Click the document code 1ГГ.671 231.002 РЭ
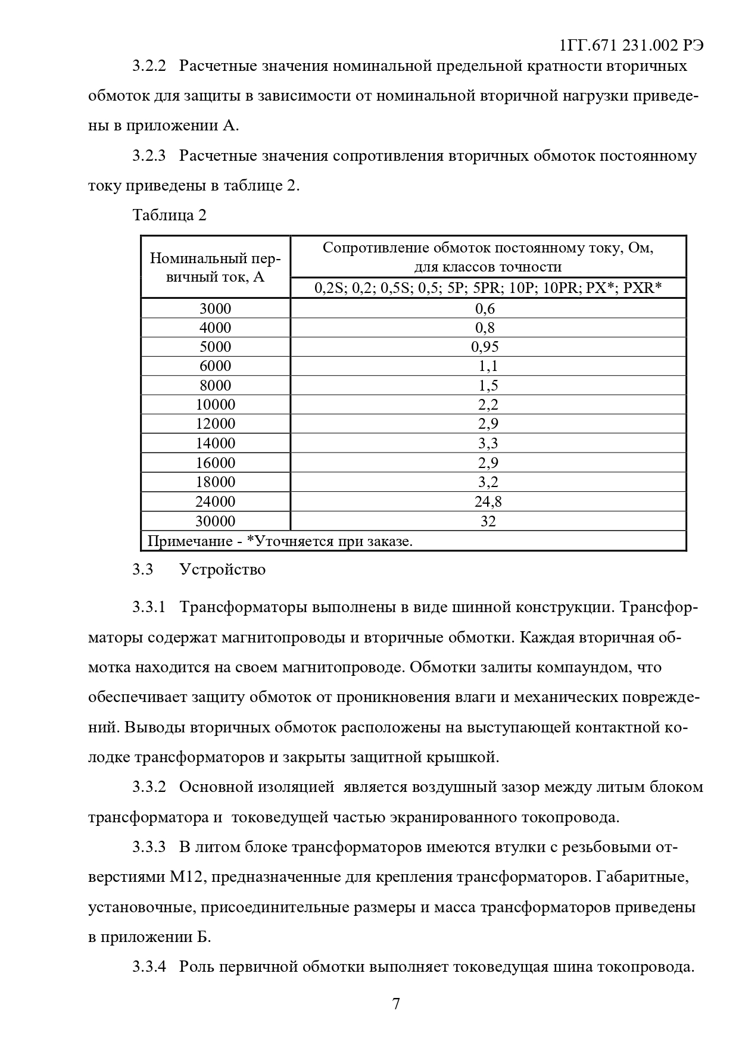click(632, 46)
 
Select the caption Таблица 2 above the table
click(170, 215)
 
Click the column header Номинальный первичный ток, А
click(215, 267)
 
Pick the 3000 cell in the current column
click(215, 308)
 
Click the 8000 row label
click(215, 385)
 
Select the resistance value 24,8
click(488, 501)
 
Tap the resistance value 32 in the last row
click(488, 522)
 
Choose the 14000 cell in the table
click(215, 443)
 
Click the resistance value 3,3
click(488, 443)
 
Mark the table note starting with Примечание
click(280, 541)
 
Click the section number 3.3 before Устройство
click(143, 570)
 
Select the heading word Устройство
click(222, 570)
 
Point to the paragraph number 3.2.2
click(148, 65)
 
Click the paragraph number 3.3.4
click(148, 966)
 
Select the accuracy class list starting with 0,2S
click(488, 288)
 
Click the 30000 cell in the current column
click(215, 522)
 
